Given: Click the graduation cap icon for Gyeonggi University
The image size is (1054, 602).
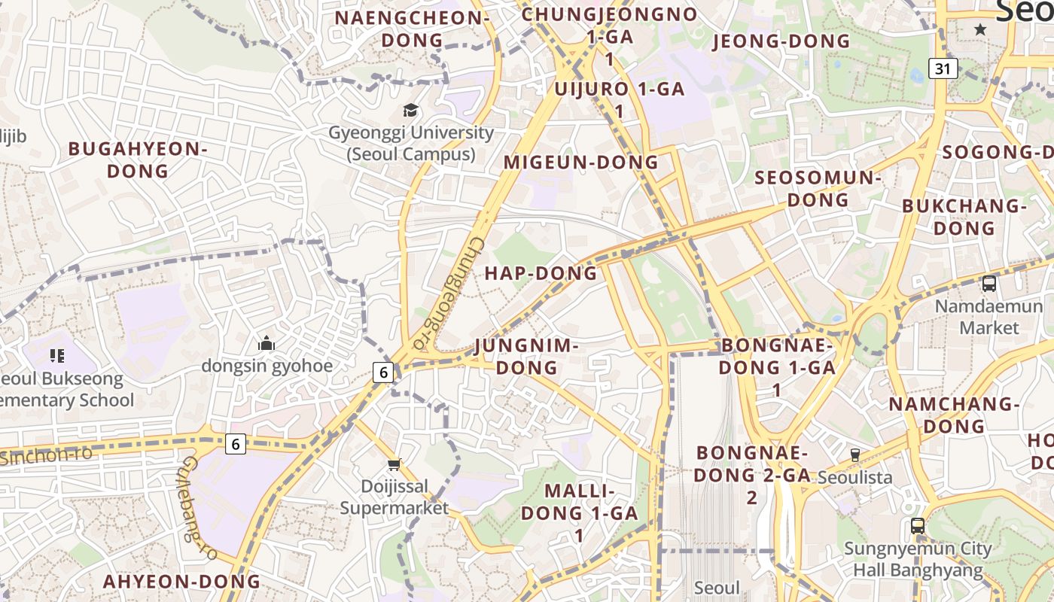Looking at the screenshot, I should [x=410, y=111].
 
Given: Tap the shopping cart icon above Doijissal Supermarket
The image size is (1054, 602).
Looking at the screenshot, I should [x=394, y=464].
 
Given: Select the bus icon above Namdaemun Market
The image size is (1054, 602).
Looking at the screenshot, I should [x=989, y=284].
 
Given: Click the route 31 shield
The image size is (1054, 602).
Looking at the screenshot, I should [x=943, y=69].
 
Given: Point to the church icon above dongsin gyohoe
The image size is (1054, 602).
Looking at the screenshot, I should [x=267, y=344].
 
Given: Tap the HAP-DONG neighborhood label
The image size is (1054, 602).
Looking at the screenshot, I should [x=541, y=273].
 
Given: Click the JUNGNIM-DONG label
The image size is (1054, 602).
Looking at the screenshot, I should [x=527, y=357].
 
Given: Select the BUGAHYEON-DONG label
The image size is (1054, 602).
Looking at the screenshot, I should [x=138, y=160].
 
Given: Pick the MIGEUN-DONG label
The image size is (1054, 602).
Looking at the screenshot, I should [x=580, y=163].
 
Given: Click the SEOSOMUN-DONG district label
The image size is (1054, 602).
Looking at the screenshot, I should [x=818, y=189].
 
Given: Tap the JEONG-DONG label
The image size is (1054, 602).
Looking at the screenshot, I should [x=781, y=41].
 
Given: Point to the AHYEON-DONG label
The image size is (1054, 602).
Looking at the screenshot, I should [x=181, y=582].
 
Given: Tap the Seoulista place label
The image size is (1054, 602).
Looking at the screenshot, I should [x=854, y=477].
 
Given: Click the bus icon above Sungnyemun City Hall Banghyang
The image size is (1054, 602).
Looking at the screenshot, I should [x=917, y=526].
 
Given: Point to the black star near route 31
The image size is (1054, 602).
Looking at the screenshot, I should [x=980, y=29].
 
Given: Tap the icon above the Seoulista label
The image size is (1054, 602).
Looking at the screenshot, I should [x=854, y=455].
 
